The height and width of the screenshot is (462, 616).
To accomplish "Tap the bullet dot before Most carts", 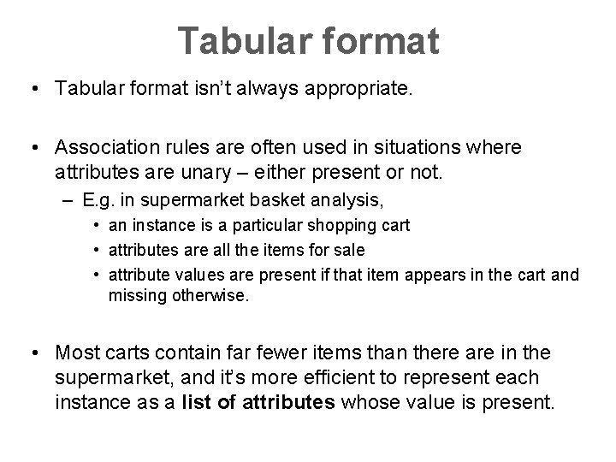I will [x=38, y=352].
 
